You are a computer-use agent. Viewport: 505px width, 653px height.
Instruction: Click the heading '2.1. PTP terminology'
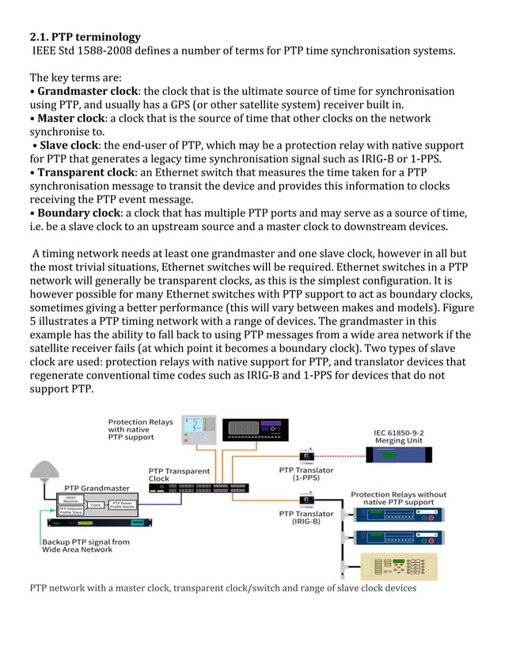click(85, 37)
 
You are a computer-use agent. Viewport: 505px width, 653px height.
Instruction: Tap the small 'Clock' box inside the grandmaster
click(96, 504)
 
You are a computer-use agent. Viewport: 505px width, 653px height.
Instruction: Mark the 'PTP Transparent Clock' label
click(180, 474)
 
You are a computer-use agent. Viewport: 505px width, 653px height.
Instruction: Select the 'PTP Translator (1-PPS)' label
click(306, 474)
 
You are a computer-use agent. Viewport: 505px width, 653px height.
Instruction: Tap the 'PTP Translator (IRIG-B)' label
click(306, 518)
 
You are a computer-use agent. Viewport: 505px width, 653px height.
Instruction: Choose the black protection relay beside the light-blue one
click(254, 429)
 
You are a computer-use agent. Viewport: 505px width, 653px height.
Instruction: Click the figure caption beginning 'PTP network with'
click(222, 588)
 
